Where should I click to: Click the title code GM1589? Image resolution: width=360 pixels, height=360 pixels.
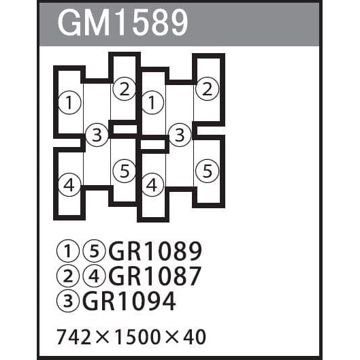point(122,23)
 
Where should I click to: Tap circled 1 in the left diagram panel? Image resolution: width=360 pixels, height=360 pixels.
point(69,102)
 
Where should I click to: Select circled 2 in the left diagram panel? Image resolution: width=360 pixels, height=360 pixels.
point(125,89)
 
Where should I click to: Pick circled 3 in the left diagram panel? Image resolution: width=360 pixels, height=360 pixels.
point(97,135)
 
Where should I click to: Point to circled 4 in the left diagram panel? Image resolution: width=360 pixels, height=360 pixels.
point(69,185)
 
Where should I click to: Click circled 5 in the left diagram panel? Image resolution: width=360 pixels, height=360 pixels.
point(125,171)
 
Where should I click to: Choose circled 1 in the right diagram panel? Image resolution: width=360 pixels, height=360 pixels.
point(152,102)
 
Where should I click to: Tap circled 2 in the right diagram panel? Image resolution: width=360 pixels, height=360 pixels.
point(207,89)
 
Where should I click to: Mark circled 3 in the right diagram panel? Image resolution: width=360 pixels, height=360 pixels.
point(180,135)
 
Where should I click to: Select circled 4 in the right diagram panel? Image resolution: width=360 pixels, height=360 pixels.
point(152,185)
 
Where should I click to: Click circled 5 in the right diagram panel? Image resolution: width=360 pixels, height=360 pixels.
point(207,171)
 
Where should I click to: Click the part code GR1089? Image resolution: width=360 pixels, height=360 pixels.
point(155,251)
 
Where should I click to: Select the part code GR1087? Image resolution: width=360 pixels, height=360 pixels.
point(155,276)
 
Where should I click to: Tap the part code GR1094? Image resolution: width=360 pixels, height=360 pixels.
point(129,301)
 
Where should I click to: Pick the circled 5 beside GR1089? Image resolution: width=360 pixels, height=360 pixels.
point(94,251)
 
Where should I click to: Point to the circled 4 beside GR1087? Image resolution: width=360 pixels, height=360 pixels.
point(94,276)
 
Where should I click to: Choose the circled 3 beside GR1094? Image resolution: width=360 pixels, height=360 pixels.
point(68,301)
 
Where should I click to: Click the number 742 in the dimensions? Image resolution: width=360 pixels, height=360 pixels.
point(73,337)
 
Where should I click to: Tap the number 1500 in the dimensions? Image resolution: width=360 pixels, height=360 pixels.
point(137,337)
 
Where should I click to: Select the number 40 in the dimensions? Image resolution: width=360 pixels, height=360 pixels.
point(194,337)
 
